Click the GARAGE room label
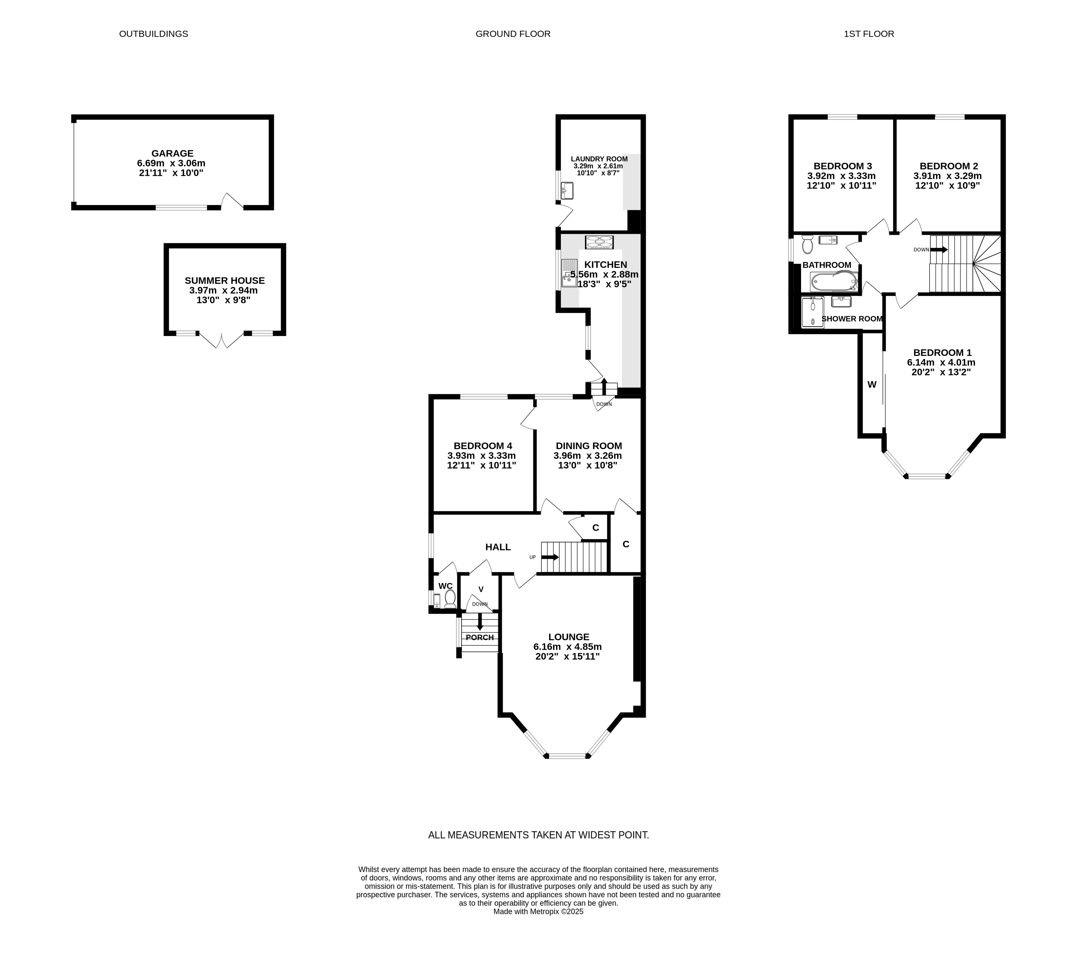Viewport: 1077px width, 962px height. click(172, 153)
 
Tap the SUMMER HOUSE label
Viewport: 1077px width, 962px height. click(224, 281)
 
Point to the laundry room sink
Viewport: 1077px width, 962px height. click(567, 190)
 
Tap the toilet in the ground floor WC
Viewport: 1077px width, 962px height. click(450, 599)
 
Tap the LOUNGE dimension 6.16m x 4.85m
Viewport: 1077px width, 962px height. click(567, 646)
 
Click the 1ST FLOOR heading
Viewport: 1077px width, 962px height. click(868, 34)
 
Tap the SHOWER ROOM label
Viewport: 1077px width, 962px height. click(852, 319)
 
